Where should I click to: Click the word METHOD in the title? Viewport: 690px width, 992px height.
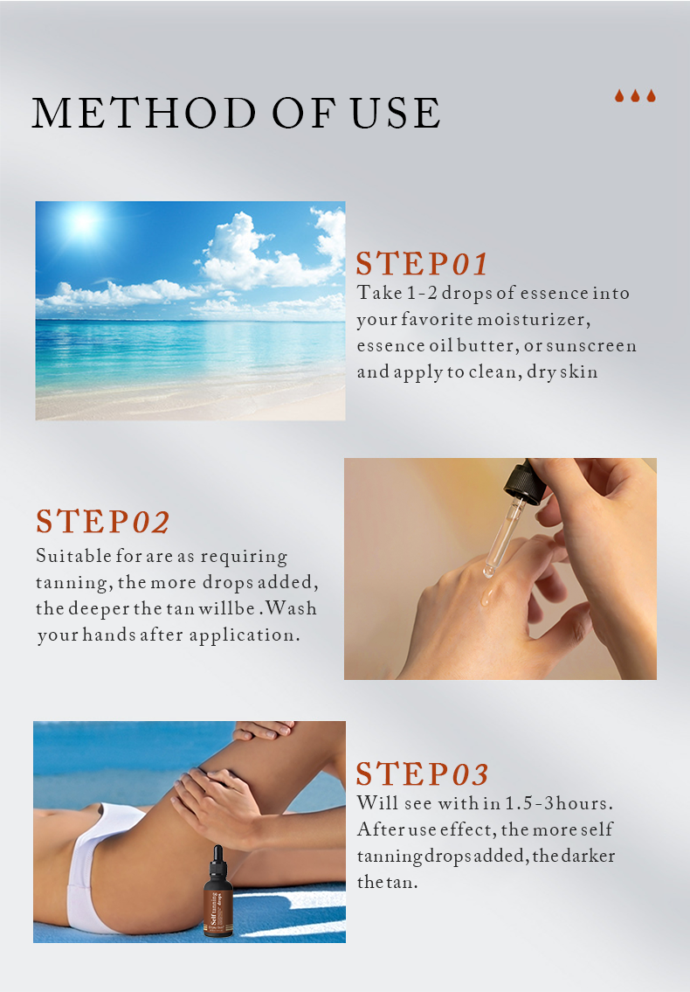point(143,114)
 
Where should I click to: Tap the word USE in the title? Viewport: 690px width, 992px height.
point(396,114)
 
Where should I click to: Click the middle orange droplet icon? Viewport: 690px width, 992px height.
point(635,95)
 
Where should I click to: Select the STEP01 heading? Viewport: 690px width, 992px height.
point(422,263)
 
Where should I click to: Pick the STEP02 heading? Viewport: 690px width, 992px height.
point(102,521)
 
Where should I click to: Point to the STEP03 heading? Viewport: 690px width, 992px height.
point(422,773)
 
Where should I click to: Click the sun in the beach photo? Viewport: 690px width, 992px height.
point(83,222)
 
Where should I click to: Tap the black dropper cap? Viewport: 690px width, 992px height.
point(524,482)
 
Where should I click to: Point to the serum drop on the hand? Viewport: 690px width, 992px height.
point(487,595)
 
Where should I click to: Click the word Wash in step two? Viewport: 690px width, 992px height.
point(291,608)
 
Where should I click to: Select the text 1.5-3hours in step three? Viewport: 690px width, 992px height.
point(559,803)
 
